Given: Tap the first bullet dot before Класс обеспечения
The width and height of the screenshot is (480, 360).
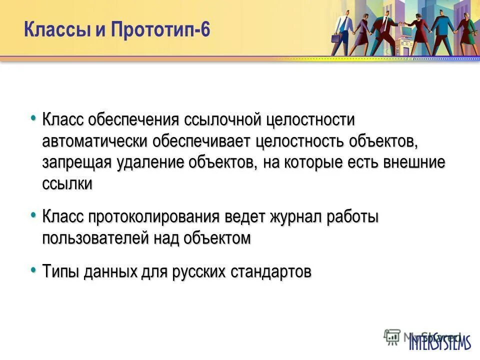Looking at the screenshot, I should tap(33, 118).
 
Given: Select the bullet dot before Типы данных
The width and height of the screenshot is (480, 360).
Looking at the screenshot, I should tap(33, 270).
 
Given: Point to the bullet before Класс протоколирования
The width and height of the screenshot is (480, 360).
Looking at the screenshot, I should tap(33, 215).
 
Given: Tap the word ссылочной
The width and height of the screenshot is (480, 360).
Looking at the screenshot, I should tap(223, 120).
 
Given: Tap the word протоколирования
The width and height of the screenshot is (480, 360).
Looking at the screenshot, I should tap(154, 217).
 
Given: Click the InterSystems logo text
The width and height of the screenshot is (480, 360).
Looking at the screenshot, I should tap(440, 342).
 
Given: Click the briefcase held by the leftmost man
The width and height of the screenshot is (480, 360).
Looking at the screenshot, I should tap(335, 38).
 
